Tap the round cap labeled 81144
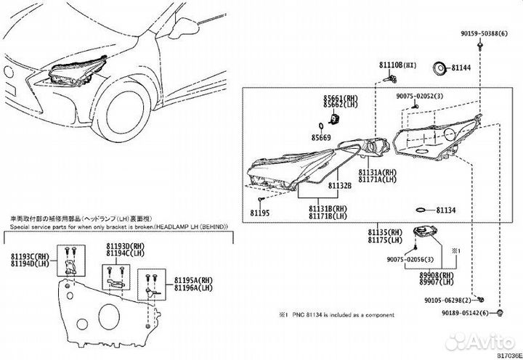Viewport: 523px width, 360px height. tap(439, 69)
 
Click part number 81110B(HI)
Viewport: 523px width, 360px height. tap(397, 65)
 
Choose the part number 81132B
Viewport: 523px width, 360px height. tap(339, 186)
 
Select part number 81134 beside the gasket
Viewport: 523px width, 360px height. tap(445, 210)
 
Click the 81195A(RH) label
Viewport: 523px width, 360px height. tap(191, 279)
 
